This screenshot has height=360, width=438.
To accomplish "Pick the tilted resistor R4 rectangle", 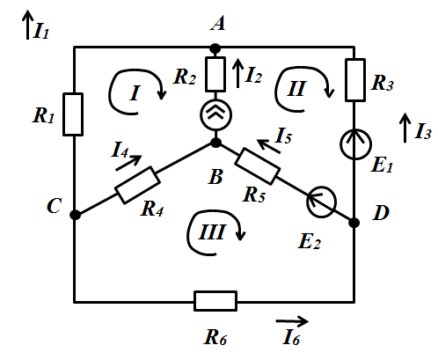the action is [x=137, y=185].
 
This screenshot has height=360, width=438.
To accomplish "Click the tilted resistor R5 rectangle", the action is [x=258, y=166].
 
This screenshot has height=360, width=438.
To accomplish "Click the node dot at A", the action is [x=215, y=48].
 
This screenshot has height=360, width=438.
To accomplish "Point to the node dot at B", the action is [x=216, y=143].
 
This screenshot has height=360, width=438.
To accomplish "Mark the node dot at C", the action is [x=75, y=215].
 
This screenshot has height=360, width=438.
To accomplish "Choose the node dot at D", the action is [x=354, y=223].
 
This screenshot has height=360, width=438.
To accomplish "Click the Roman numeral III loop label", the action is [x=212, y=232].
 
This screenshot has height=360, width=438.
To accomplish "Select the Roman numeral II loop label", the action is [x=297, y=89].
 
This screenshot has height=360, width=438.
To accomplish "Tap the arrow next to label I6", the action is [x=292, y=321].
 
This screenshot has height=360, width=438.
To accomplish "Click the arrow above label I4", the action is [x=128, y=163].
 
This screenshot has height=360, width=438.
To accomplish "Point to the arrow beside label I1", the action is [x=27, y=25].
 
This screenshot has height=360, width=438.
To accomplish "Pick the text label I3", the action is [x=423, y=131].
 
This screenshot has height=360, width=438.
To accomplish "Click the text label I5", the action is [x=283, y=136].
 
